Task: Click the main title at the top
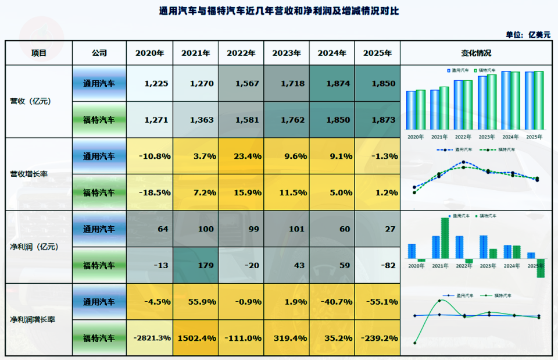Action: [279, 11]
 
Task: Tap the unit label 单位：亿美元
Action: [528, 34]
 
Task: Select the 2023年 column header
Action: [287, 53]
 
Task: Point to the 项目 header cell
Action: [39, 53]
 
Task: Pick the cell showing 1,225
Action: [150, 84]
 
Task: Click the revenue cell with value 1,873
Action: [377, 120]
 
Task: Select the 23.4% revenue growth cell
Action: [241, 156]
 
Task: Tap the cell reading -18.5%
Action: [150, 192]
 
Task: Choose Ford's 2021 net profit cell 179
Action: [196, 265]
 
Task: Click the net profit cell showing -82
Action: [377, 265]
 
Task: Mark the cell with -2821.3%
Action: [150, 337]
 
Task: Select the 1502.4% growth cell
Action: [196, 337]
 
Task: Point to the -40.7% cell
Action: [332, 301]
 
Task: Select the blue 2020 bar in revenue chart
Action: [411, 111]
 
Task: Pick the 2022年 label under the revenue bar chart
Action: [463, 137]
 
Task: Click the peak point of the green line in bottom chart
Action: [439, 301]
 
